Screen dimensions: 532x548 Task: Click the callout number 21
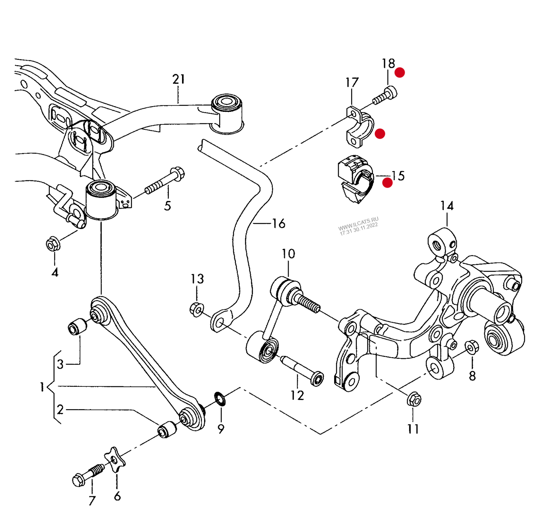(x=179, y=79)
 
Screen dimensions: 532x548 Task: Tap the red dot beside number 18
(x=400, y=72)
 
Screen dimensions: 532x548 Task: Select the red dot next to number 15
(x=387, y=183)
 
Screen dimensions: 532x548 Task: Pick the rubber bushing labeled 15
(x=355, y=178)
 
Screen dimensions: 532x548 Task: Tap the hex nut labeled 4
(x=53, y=244)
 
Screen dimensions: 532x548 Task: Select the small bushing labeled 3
(x=77, y=326)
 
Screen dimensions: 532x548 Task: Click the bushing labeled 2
(x=167, y=429)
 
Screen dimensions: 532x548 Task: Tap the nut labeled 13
(x=196, y=309)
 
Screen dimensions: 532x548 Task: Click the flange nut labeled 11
(x=414, y=399)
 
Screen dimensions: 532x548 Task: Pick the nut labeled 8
(x=471, y=347)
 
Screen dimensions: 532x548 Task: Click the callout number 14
(x=447, y=206)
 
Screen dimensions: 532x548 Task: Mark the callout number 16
(x=279, y=224)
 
